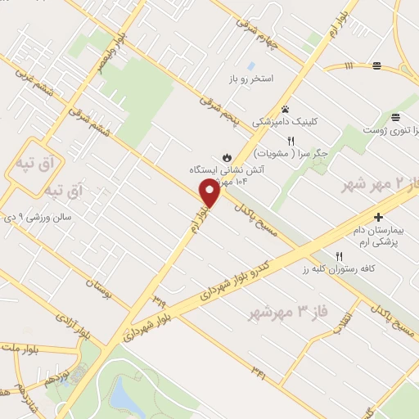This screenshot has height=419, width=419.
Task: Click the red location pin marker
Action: click(209, 193)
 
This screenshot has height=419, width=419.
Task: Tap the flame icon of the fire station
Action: click(227, 156)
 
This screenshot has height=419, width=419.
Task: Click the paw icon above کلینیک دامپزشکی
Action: click(285, 109)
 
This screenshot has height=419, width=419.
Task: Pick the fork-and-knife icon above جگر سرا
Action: click(291, 141)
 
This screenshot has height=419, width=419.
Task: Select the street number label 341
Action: click(260, 372)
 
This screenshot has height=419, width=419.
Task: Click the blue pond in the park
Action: click(124, 394)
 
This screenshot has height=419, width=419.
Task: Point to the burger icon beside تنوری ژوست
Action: click(395, 117)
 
